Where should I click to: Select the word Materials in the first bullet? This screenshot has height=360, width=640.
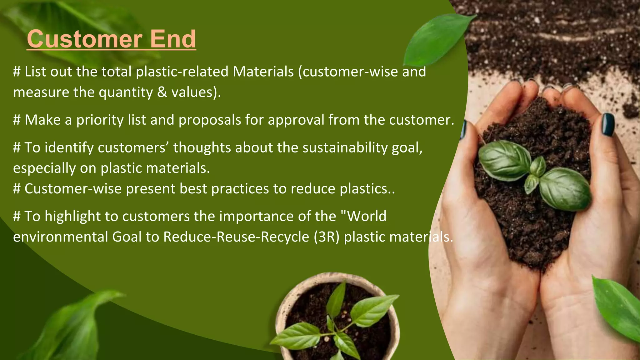click(x=263, y=72)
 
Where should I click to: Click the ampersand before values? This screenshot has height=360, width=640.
click(x=162, y=92)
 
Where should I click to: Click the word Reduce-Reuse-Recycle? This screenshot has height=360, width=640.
click(x=236, y=237)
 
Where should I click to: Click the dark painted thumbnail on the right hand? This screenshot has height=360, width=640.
click(x=608, y=125)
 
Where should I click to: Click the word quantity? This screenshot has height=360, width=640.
click(x=126, y=92)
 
